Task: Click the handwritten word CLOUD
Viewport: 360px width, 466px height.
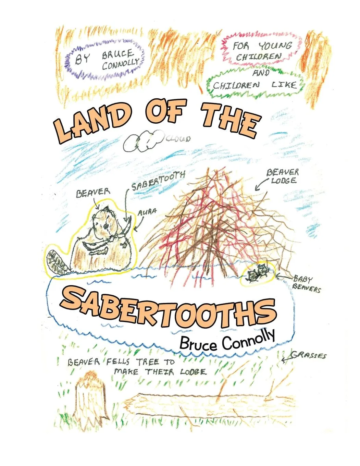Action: click(x=178, y=139)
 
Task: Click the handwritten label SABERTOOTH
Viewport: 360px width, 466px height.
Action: click(x=158, y=181)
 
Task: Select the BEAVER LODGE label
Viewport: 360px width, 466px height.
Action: click(x=283, y=176)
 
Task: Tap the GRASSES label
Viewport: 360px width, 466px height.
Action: click(x=309, y=355)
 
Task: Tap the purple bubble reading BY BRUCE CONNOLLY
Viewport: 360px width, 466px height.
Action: click(x=106, y=59)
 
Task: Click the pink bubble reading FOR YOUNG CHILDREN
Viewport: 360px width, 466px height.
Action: click(x=262, y=50)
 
